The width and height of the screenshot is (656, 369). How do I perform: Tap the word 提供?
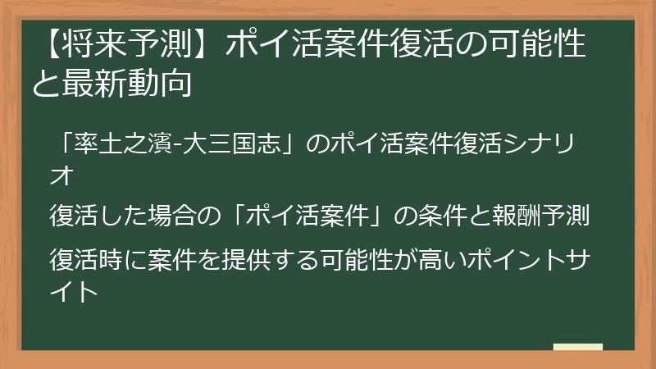(x=233, y=259)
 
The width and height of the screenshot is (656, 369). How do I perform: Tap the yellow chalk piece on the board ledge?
(x=577, y=347)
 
